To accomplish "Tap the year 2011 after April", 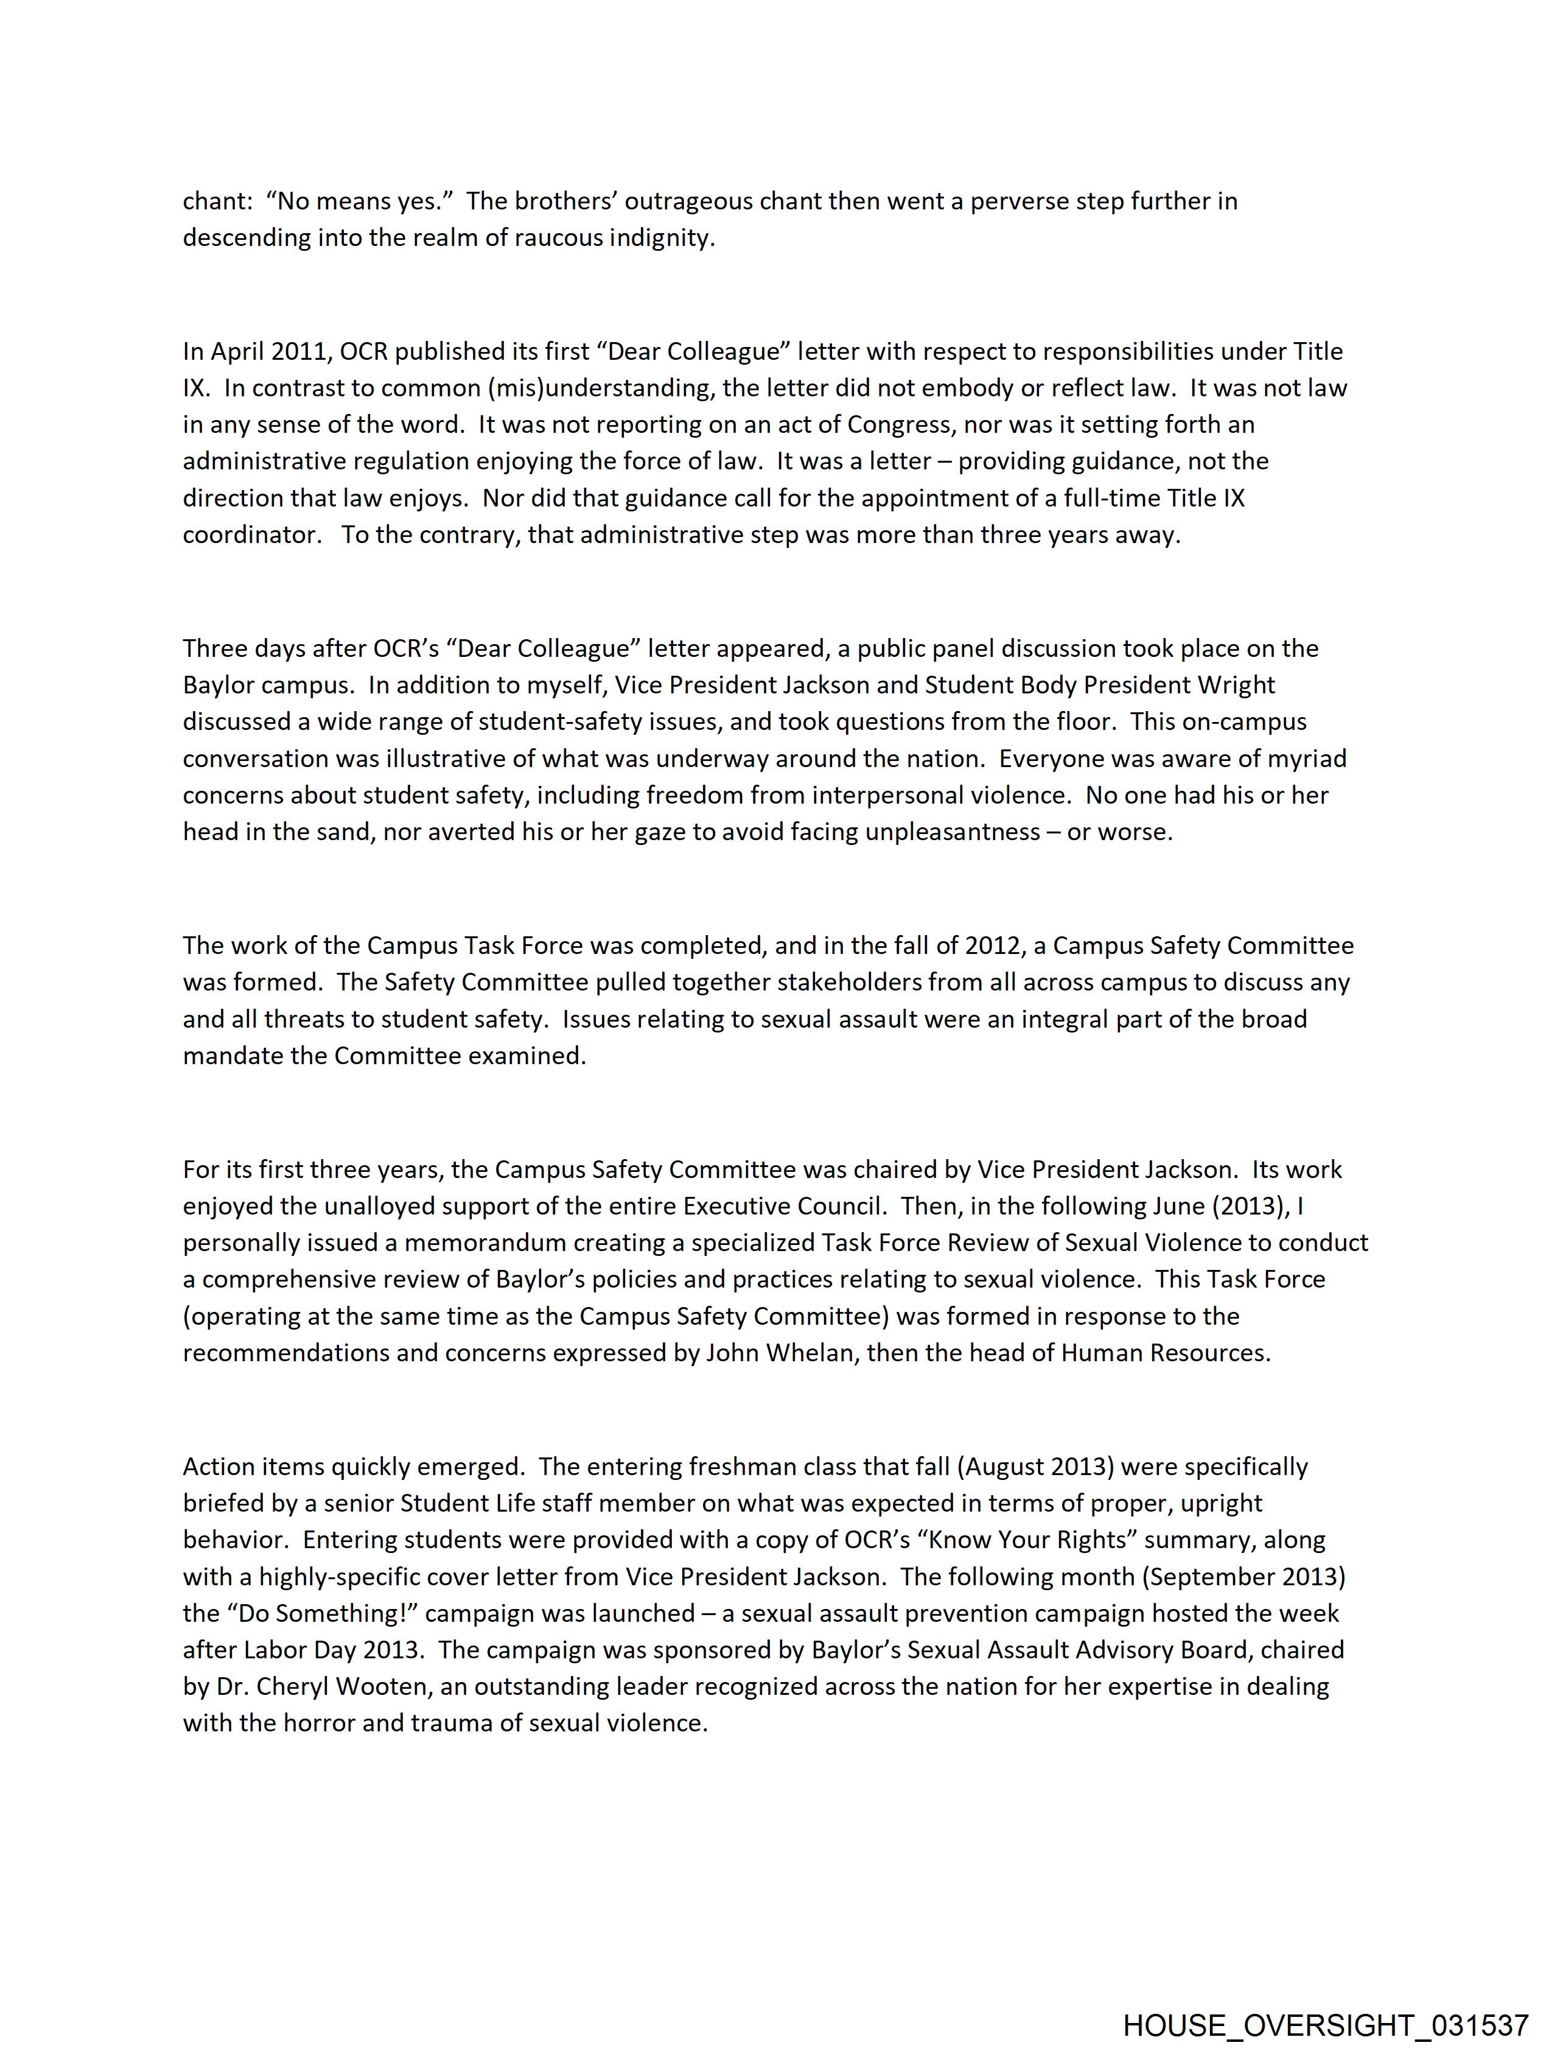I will [295, 351].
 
